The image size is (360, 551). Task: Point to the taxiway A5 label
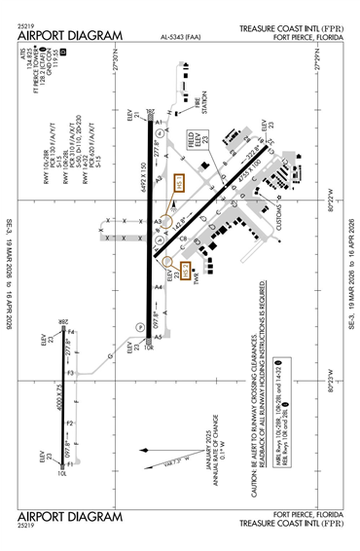point(158,337)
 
